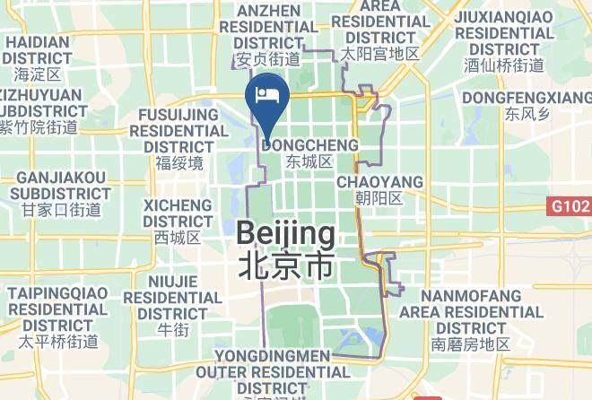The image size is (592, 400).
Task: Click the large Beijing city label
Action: (286, 235)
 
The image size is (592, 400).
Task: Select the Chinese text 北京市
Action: (286, 265)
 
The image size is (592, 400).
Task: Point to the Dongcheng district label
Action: (311, 144)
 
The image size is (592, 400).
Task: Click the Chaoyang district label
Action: (379, 182)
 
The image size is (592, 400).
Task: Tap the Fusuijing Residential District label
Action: (178, 130)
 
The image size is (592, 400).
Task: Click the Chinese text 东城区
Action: (309, 162)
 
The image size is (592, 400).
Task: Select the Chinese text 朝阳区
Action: (380, 198)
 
